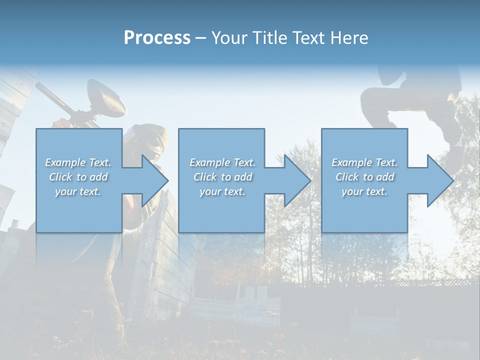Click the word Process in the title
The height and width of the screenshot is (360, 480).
coord(157,38)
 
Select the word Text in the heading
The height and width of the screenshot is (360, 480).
coord(311,38)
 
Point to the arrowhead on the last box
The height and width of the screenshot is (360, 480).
coord(439,180)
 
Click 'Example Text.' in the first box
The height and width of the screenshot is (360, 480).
coord(78,162)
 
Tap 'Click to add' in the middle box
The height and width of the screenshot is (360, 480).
coord(222,177)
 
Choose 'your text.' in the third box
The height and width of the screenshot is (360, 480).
coord(364,191)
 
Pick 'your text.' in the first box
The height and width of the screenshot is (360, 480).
coord(78,191)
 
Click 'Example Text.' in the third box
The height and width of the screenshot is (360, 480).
coord(364,162)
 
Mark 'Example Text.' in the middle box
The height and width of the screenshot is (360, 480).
coord(222,162)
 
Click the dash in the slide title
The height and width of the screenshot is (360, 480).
coord(200,38)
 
